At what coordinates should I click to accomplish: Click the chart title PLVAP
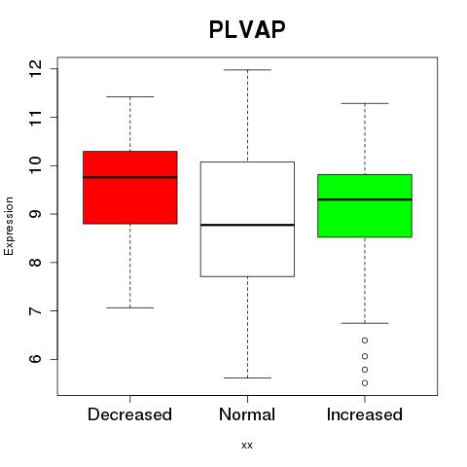click(x=247, y=29)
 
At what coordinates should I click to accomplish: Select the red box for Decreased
click(x=130, y=188)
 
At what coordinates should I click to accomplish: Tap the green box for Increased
click(x=365, y=205)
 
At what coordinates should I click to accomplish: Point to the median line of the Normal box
click(x=247, y=225)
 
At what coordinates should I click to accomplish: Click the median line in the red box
click(x=130, y=177)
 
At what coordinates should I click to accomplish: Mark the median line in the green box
click(x=365, y=199)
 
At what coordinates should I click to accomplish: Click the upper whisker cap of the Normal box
click(x=247, y=70)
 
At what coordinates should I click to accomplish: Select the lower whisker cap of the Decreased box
click(x=130, y=307)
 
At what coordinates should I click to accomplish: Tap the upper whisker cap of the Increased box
click(x=365, y=103)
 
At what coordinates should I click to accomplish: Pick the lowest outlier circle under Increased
click(x=365, y=383)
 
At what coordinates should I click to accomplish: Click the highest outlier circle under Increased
click(x=365, y=341)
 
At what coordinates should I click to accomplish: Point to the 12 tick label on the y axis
click(x=36, y=69)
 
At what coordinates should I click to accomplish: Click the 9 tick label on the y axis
click(x=36, y=214)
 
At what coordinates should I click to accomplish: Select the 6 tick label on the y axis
click(x=36, y=359)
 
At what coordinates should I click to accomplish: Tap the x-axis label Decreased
click(x=129, y=414)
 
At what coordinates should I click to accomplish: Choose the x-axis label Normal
click(x=247, y=414)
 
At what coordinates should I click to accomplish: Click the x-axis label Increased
click(x=365, y=414)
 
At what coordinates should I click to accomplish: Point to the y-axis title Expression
click(x=9, y=226)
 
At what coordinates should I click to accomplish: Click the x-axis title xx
click(x=247, y=446)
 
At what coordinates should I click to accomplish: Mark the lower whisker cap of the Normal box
click(x=247, y=377)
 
